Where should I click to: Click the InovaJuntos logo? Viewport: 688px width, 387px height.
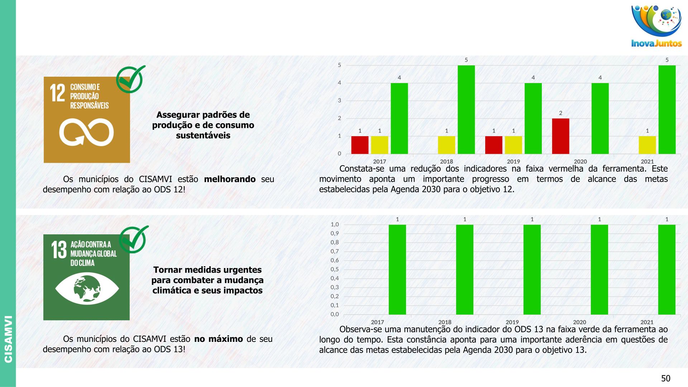click(656, 26)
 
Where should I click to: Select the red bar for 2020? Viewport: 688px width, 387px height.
click(560, 136)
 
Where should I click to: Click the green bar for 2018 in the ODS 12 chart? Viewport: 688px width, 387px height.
click(466, 110)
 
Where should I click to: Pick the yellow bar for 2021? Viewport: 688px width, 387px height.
click(647, 145)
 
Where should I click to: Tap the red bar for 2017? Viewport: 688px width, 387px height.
click(360, 145)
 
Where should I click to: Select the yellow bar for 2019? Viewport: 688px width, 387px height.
click(513, 145)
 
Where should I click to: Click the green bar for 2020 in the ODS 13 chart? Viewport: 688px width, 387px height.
click(599, 269)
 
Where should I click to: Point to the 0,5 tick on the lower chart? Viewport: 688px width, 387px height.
click(335, 269)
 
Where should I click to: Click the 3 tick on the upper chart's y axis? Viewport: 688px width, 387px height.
click(339, 101)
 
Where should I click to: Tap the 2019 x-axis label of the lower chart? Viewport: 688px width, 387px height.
click(512, 322)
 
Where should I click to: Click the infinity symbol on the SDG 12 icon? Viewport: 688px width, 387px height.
click(86, 133)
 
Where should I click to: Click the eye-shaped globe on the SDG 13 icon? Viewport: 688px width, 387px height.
click(87, 288)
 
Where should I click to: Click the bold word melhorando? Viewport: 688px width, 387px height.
click(230, 179)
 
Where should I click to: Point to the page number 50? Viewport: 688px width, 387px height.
click(665, 378)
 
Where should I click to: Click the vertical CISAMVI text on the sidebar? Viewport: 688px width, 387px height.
click(8, 339)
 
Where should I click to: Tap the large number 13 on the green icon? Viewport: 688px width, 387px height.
click(59, 249)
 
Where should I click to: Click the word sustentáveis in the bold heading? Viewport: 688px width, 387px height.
click(203, 135)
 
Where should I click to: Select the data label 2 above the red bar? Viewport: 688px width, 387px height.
click(560, 113)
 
